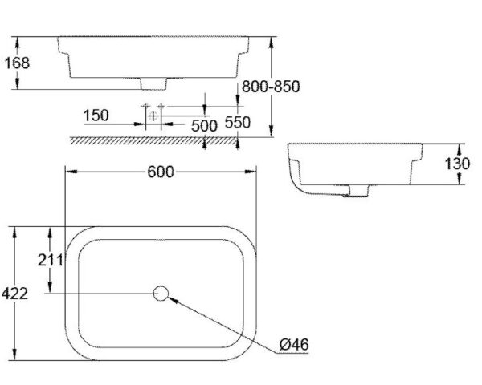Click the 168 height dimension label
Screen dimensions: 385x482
pos(17,62)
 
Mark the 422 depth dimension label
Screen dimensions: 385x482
pos(17,294)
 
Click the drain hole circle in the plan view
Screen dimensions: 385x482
pos(161,294)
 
